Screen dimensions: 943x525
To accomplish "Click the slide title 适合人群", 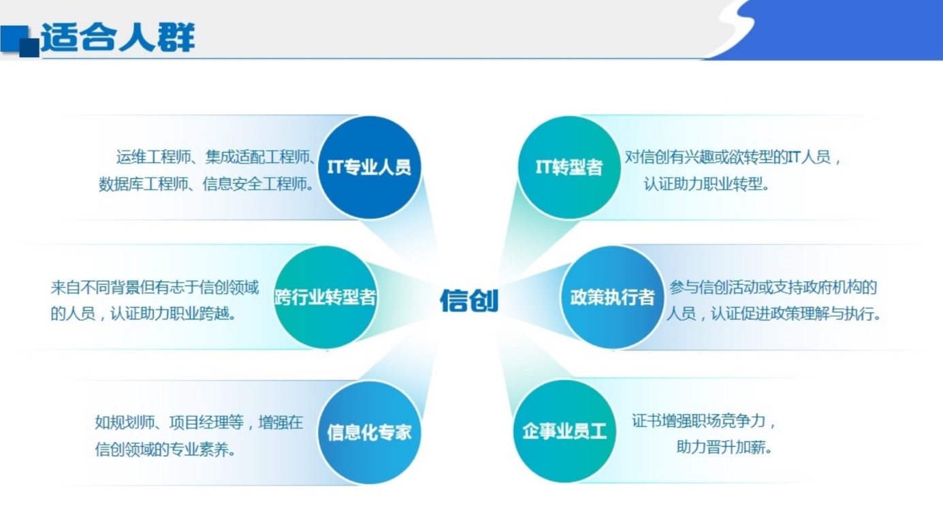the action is (118, 37).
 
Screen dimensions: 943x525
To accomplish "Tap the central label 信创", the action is (469, 300).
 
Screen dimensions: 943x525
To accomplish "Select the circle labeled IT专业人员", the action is (369, 167).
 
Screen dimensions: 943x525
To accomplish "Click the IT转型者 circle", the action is (569, 167).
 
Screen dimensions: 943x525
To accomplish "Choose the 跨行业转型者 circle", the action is (325, 298).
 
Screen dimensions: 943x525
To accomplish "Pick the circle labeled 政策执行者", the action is (613, 298).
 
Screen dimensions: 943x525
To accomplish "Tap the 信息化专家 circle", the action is (369, 432).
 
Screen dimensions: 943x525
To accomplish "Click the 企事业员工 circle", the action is (564, 431).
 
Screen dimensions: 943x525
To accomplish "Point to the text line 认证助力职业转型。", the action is (707, 184).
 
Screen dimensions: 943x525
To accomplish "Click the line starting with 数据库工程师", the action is (206, 184).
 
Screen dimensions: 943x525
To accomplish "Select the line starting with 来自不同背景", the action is (155, 287).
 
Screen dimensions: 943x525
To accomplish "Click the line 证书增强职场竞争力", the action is (703, 421).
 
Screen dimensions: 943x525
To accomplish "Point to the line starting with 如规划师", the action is (199, 422).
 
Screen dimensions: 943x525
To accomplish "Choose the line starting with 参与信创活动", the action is (773, 287).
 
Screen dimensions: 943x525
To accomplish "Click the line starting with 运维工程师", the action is (216, 157).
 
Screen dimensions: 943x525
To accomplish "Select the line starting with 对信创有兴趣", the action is (733, 157).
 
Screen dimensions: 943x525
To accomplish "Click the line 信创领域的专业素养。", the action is (165, 449).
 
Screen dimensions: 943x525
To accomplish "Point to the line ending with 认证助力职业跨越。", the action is (143, 314).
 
